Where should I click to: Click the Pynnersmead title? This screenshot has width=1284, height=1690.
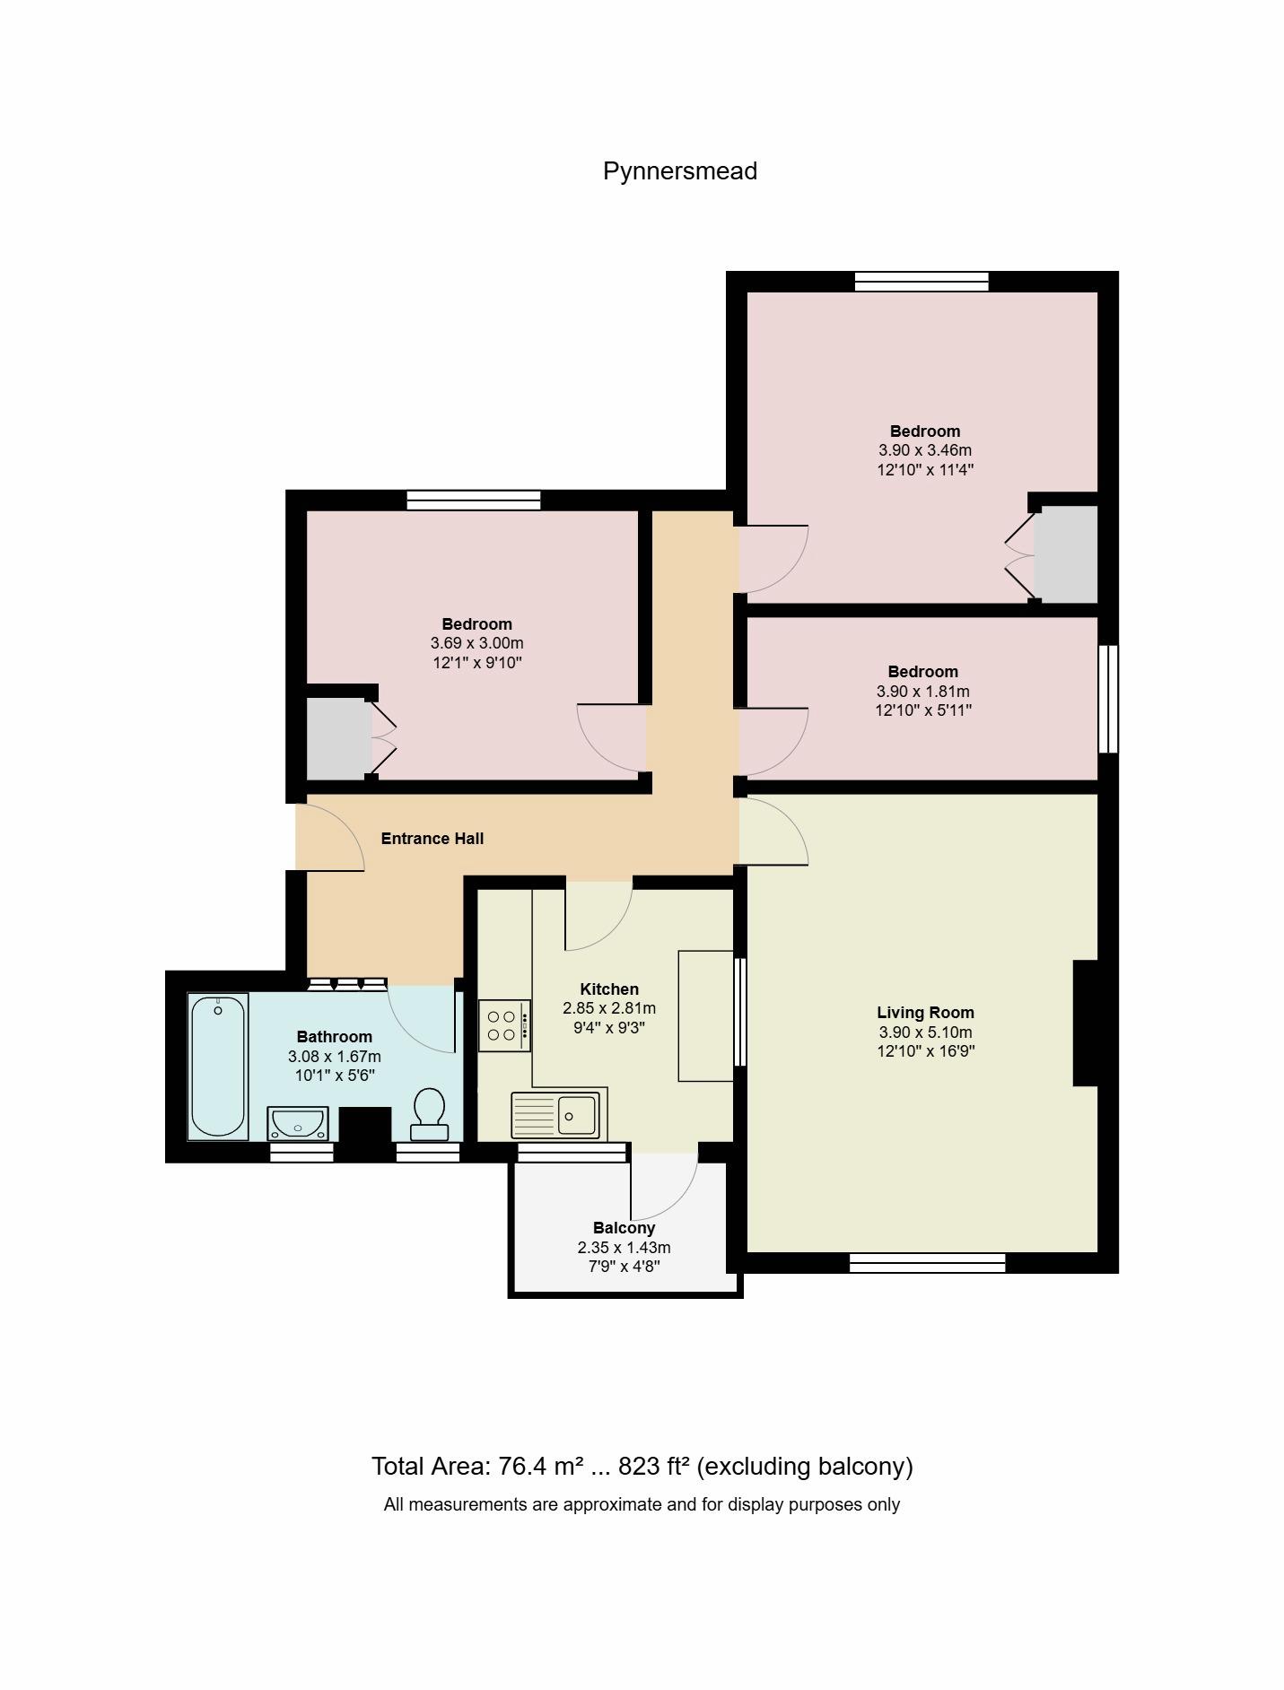click(x=679, y=171)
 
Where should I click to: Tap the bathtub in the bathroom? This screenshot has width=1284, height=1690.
click(x=218, y=1067)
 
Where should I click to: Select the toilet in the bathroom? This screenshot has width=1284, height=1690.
click(x=429, y=1114)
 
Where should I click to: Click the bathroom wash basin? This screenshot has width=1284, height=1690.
click(x=298, y=1123)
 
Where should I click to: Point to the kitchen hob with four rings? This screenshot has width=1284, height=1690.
click(x=504, y=1025)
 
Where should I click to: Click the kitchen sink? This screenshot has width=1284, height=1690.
click(x=555, y=1114)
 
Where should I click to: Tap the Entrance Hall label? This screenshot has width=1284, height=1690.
click(x=432, y=839)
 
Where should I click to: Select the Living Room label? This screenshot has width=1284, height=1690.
click(x=925, y=1013)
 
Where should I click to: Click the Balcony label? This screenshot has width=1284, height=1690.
click(x=624, y=1228)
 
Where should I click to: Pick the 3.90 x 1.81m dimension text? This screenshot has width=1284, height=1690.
click(x=923, y=692)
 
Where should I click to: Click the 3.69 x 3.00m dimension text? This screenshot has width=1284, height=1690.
click(x=477, y=643)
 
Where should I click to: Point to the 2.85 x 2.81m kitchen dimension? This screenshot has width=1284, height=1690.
click(x=609, y=1008)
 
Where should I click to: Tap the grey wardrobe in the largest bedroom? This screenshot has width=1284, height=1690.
click(x=1066, y=554)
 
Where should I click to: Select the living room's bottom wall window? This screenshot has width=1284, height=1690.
click(x=927, y=1263)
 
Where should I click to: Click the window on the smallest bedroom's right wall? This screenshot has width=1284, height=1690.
click(x=1109, y=699)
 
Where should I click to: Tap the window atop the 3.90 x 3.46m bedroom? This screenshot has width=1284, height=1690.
click(x=922, y=282)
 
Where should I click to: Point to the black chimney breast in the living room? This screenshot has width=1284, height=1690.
click(x=1086, y=1024)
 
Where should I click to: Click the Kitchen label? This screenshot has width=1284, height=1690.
click(x=609, y=989)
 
